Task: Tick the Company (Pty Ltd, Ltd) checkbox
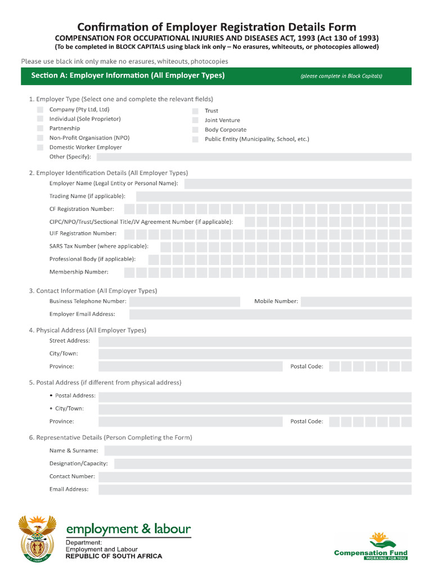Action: click(x=40, y=110)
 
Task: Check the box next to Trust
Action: click(x=195, y=111)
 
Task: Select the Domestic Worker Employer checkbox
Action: click(x=40, y=147)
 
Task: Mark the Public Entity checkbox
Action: click(x=195, y=139)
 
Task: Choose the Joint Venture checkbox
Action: click(x=195, y=120)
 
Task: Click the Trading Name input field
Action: click(x=273, y=196)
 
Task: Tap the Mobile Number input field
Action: click(x=356, y=301)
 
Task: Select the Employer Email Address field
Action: click(x=270, y=314)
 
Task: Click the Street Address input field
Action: click(x=255, y=341)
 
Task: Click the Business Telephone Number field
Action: click(x=184, y=301)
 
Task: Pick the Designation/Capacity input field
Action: click(x=263, y=464)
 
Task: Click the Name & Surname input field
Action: click(x=258, y=451)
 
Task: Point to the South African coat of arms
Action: click(x=37, y=538)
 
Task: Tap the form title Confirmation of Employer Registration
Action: click(x=216, y=27)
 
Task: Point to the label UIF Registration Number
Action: click(x=83, y=233)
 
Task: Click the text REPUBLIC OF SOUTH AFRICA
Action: click(x=114, y=556)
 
